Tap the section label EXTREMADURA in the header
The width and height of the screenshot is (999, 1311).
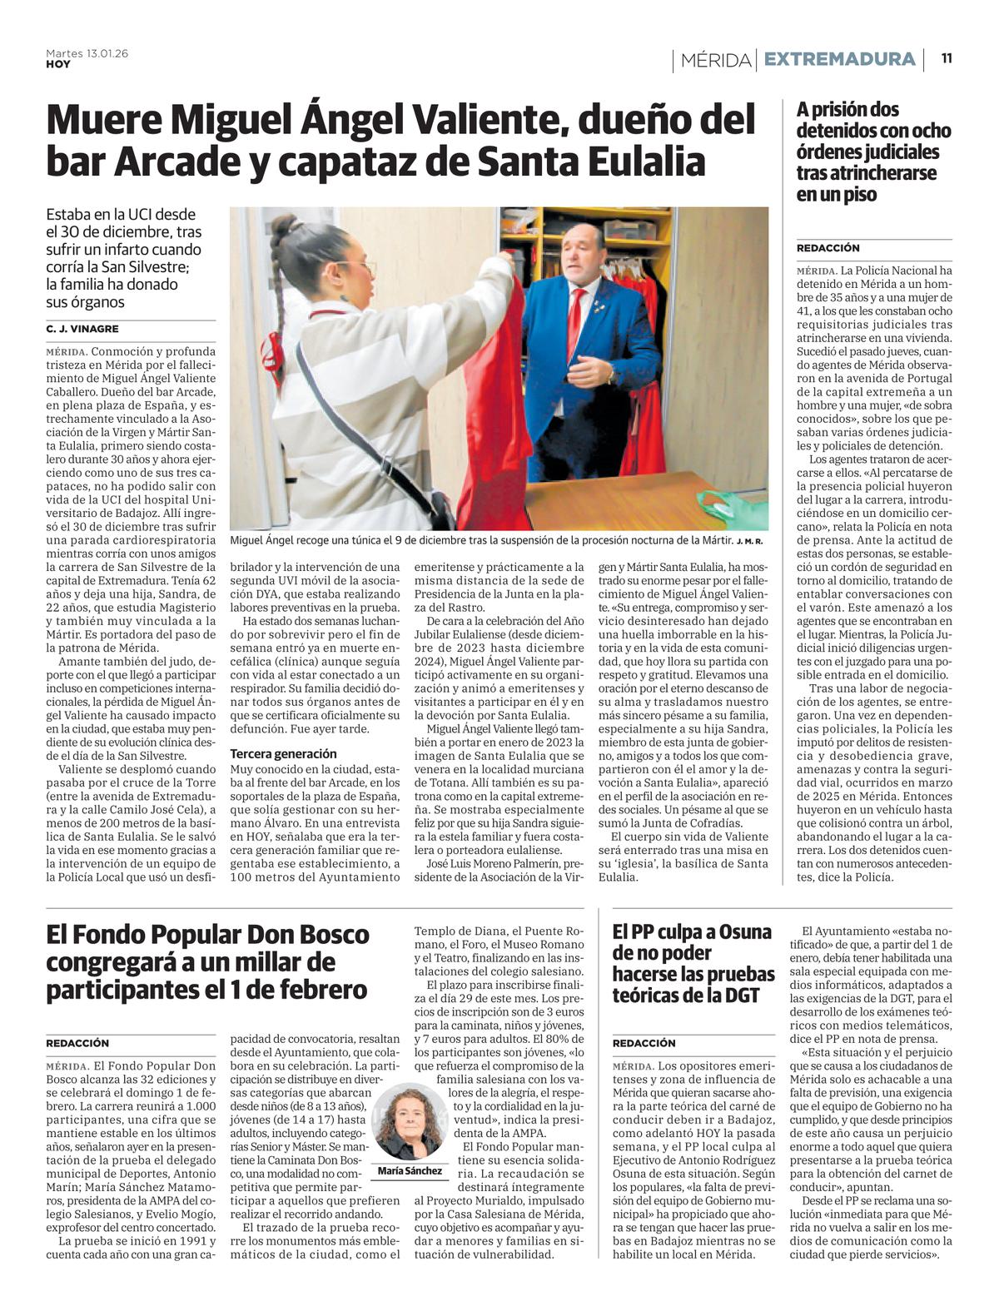pos(839,60)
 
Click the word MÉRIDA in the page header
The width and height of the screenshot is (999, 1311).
pos(715,60)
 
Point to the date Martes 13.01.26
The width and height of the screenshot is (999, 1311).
pos(87,53)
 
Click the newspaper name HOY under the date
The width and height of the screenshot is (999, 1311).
pos(58,64)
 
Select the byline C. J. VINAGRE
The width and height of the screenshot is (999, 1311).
pos(82,329)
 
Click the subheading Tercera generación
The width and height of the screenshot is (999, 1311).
pos(284,753)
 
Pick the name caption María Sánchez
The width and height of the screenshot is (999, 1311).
pos(410,1171)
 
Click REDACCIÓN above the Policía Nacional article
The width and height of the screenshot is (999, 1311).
pos(828,248)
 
